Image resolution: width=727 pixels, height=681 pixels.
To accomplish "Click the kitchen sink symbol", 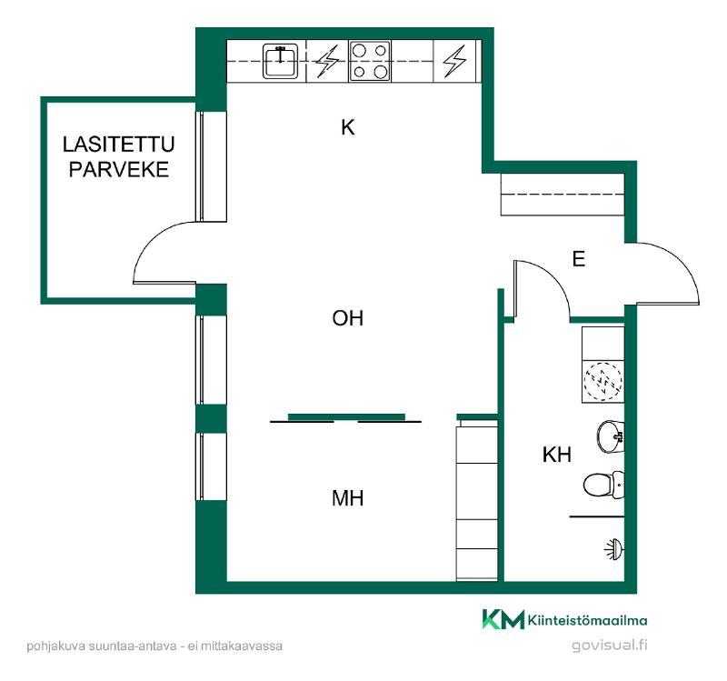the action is tap(280, 61).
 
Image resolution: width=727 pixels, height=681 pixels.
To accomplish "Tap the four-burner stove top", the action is tap(370, 61).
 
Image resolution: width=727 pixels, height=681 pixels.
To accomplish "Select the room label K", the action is tap(348, 127).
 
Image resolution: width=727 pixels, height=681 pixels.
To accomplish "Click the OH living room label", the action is tap(348, 318).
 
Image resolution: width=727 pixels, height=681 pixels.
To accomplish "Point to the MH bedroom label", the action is tap(348, 498).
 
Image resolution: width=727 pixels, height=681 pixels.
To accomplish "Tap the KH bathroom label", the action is tap(557, 455).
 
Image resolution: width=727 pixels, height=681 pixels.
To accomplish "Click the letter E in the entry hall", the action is tap(579, 259).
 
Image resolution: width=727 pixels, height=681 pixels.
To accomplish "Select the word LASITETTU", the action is tap(119, 145).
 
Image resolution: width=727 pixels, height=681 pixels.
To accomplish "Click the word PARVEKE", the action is tap(119, 169).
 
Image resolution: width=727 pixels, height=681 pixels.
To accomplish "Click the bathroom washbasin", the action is tap(610, 436).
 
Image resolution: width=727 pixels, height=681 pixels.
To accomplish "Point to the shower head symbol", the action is tap(614, 549).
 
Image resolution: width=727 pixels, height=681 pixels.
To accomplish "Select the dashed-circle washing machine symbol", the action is tap(603, 381).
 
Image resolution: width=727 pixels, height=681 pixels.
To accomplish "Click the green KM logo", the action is tap(503, 619).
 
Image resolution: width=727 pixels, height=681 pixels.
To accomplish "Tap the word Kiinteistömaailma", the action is tap(587, 620).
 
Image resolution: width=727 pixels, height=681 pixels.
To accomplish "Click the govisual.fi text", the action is tap(609, 646).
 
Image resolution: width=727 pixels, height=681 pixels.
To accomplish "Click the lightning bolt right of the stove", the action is tap(454, 61).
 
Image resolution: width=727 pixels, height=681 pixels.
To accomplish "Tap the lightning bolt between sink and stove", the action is tap(327, 61).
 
